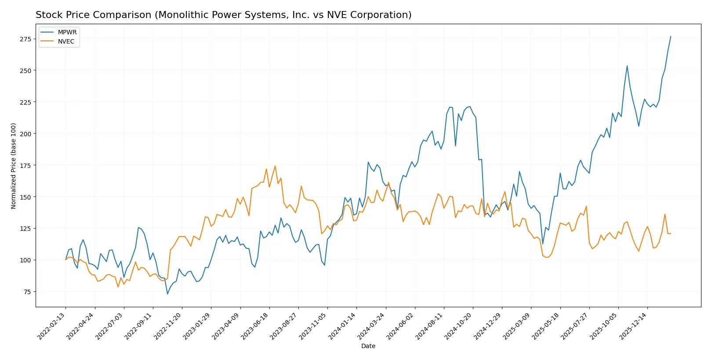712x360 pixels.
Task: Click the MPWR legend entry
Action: tap(67, 32)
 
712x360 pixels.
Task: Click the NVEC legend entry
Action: tap(66, 41)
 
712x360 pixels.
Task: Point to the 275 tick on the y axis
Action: tap(25, 39)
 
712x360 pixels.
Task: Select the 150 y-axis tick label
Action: tap(25, 197)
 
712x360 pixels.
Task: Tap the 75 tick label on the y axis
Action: tap(27, 292)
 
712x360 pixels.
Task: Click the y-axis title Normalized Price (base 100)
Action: tap(14, 166)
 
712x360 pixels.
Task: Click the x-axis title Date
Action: tap(368, 346)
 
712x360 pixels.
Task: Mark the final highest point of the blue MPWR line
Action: tap(671, 36)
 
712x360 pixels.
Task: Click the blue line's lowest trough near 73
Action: tap(167, 294)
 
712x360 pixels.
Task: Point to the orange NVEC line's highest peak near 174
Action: tap(275, 166)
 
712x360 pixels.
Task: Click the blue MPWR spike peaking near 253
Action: tap(627, 66)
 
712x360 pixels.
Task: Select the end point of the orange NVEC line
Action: tap(671, 233)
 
